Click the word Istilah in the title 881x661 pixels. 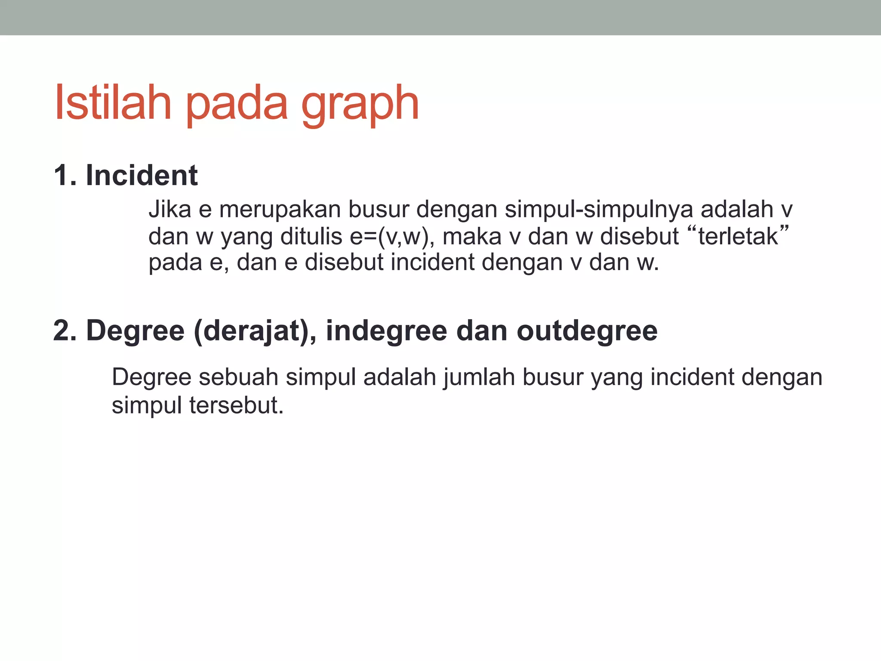pos(113,103)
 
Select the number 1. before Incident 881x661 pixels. pos(65,176)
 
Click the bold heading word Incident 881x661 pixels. pos(142,176)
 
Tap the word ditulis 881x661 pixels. pos(311,237)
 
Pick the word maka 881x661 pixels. pos(472,237)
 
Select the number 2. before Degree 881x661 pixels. pos(65,331)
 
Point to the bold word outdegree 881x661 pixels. pos(587,332)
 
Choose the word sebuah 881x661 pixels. pos(238,377)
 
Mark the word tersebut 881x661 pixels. pos(236,405)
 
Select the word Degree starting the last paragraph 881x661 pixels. pos(151,378)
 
